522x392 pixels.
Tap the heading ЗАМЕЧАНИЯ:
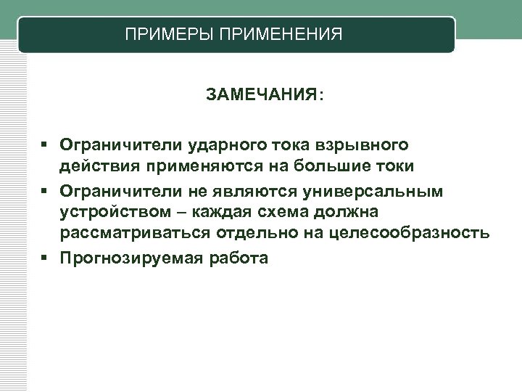(x=265, y=95)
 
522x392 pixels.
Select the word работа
(x=239, y=257)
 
